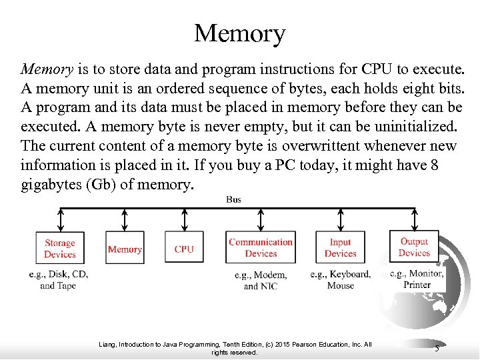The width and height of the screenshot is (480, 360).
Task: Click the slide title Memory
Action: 239,33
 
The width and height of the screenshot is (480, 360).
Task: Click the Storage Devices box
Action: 60,249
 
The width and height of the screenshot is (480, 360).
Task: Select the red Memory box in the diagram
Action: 125,249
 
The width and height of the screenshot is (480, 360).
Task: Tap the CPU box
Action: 184,249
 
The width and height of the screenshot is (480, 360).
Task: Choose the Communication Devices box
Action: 261,248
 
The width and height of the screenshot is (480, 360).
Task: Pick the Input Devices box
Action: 341,248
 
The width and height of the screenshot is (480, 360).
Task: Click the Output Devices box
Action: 414,247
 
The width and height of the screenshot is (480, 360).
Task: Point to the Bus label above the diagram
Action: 234,199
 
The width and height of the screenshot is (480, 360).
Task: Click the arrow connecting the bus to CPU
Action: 184,219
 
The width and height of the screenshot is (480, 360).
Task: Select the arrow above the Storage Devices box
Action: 60,219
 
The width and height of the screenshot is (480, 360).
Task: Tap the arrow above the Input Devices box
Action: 341,219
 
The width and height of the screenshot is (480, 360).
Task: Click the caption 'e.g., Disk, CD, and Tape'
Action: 59,280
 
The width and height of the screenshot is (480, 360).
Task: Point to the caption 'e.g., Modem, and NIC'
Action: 261,281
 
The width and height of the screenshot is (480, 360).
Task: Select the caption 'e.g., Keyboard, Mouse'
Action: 341,280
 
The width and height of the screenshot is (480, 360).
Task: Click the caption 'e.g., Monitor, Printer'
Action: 417,279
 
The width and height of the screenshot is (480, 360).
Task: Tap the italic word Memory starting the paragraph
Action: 46,69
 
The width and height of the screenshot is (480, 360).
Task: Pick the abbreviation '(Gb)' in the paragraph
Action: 103,185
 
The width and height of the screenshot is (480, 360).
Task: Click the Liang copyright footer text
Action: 234,348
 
